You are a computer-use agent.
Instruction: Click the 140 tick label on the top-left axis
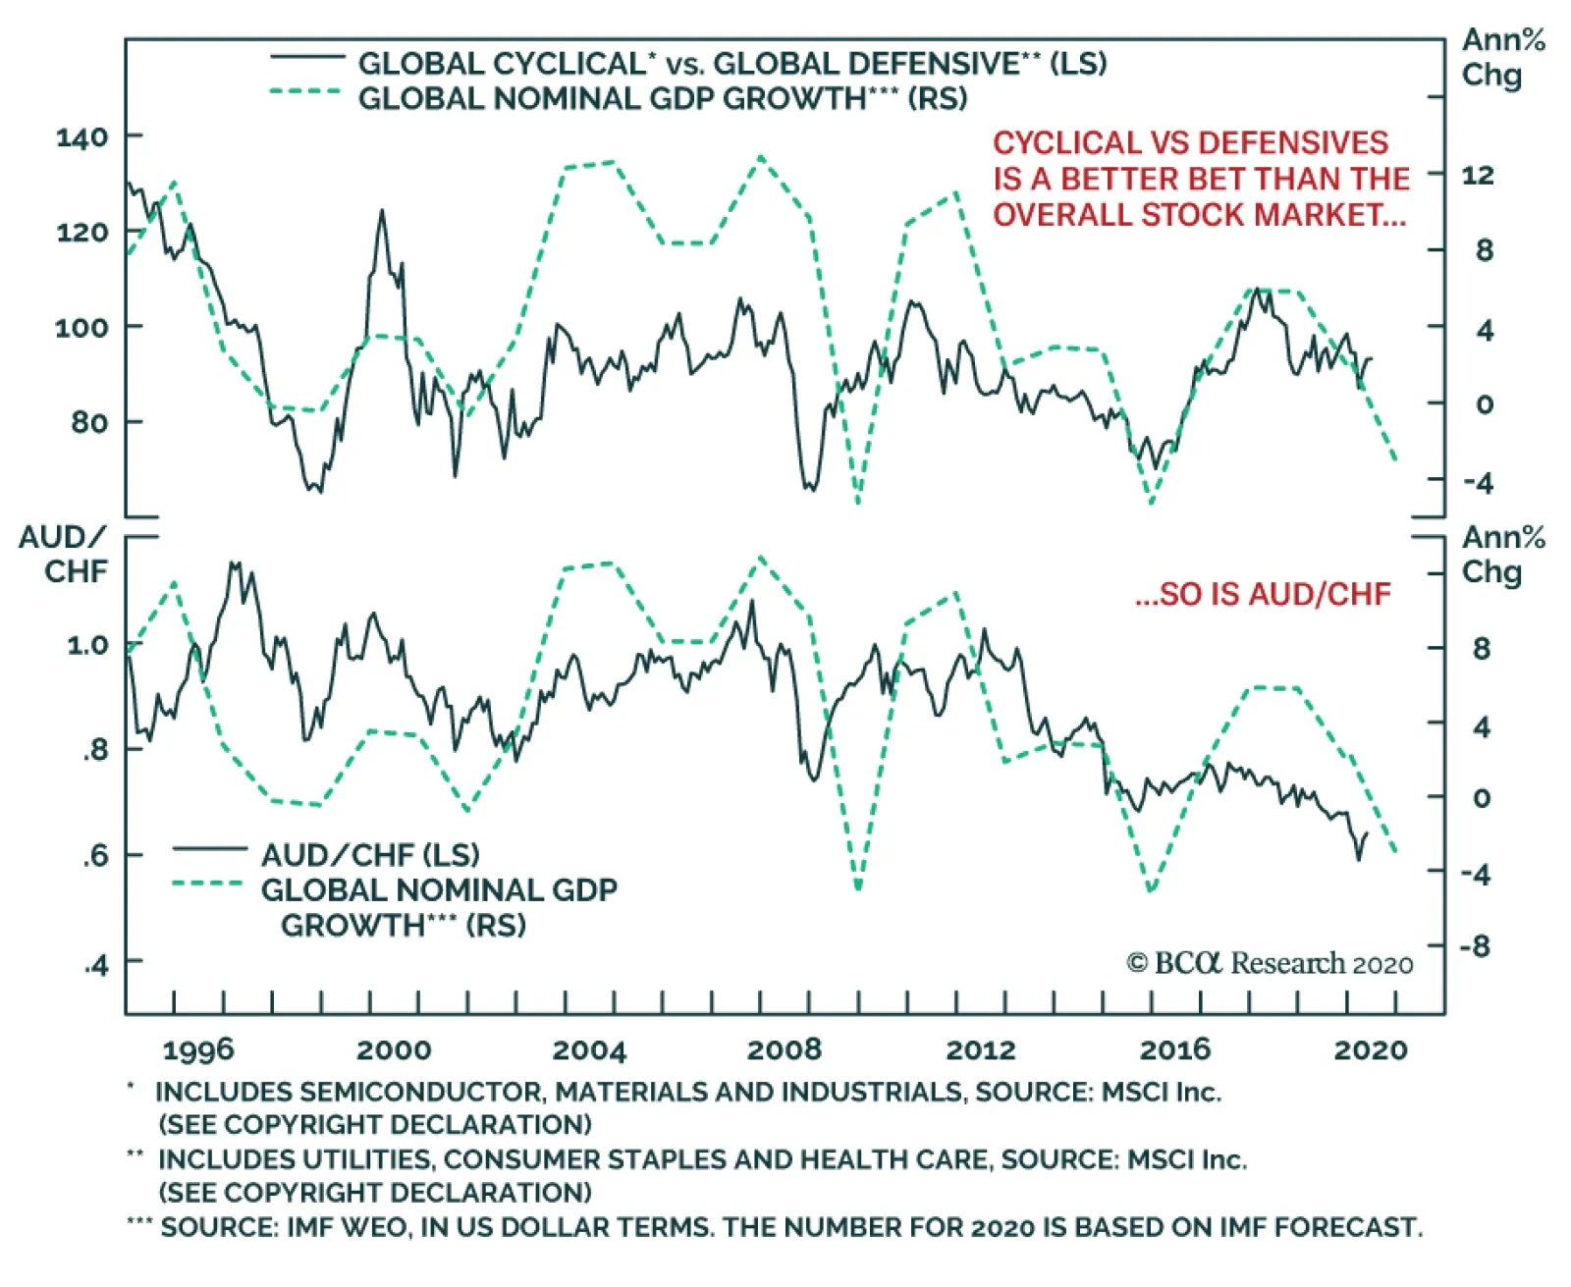[x=81, y=136]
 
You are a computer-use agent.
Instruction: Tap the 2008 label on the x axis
[x=784, y=1049]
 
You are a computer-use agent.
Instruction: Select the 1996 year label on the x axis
[x=198, y=1049]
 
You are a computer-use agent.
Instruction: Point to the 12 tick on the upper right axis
[x=1477, y=175]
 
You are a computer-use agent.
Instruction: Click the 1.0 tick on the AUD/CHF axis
[x=87, y=645]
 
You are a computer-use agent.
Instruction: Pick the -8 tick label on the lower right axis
[x=1474, y=946]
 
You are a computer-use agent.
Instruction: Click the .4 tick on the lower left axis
[x=95, y=965]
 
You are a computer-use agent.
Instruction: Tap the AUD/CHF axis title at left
[x=64, y=554]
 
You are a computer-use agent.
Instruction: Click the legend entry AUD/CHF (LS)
[x=369, y=855]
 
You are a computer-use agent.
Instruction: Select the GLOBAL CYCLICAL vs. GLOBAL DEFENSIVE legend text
[x=731, y=64]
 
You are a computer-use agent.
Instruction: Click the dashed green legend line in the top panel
[x=305, y=92]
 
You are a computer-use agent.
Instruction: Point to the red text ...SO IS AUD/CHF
[x=1263, y=594]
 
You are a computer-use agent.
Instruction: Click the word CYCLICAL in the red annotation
[x=1060, y=143]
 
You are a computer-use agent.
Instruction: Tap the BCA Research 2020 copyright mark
[x=1269, y=964]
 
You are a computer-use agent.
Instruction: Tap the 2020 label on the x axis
[x=1370, y=1049]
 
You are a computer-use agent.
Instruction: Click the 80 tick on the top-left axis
[x=89, y=422]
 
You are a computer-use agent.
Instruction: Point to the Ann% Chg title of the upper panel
[x=1502, y=57]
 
